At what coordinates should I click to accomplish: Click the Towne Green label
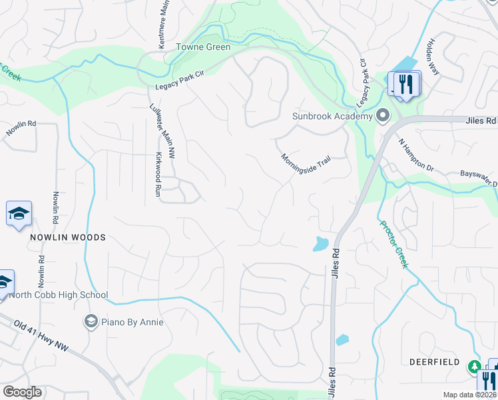[203, 47]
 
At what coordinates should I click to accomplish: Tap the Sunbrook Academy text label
[332, 117]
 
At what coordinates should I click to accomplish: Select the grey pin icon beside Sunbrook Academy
[382, 117]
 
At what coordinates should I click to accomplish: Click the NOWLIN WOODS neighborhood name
[67, 237]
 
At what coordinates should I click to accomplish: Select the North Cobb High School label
[59, 295]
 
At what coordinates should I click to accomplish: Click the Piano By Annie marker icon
[89, 322]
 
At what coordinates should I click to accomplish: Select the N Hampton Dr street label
[415, 155]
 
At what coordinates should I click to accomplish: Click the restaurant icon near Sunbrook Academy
[405, 85]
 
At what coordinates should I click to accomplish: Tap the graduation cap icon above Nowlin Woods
[19, 213]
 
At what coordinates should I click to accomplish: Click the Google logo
[22, 392]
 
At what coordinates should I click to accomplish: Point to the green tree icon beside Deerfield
[475, 366]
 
